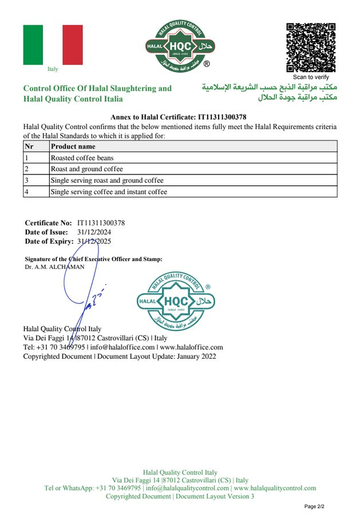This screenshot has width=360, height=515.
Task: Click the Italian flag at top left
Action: coord(53,45)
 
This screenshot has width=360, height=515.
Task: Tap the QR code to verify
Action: coord(311,48)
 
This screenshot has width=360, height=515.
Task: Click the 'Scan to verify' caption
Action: coord(311,77)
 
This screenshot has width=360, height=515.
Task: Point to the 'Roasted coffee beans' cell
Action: coord(82,158)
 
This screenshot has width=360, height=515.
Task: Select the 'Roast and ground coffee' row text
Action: coord(86,169)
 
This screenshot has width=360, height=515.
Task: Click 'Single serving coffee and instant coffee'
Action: coord(109,192)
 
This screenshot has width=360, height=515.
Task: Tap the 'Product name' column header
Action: coord(73,146)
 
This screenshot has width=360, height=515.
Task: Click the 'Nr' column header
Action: coord(29,146)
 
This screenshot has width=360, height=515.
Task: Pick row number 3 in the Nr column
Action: coord(26,180)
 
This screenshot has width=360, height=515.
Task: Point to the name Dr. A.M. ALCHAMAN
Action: coord(54,267)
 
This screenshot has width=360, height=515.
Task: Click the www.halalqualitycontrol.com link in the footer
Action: coord(275,488)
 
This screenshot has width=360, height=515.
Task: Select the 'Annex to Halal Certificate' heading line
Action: coord(178,117)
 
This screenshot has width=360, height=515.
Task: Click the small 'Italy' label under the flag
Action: coord(53,69)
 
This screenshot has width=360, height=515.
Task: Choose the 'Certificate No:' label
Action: coord(48,223)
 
